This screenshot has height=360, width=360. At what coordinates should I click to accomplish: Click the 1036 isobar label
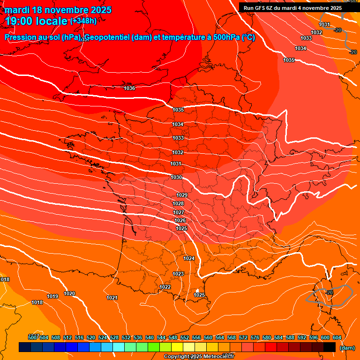click(x=129, y=88)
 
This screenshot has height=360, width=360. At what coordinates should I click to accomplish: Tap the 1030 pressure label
click(x=176, y=177)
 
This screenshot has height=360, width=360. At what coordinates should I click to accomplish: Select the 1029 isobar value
click(x=182, y=195)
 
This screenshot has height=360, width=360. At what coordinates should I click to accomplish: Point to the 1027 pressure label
click(x=179, y=212)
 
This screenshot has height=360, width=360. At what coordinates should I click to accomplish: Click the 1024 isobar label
click(x=189, y=258)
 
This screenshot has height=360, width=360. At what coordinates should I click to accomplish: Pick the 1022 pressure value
click(x=165, y=287)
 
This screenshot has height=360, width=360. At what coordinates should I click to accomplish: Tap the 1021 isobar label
click(x=112, y=298)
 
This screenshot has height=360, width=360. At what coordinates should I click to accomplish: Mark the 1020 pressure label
click(x=69, y=293)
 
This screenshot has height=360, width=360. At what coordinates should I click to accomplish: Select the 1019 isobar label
click(x=52, y=296)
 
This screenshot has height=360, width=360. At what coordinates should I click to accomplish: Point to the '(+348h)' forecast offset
click(x=83, y=21)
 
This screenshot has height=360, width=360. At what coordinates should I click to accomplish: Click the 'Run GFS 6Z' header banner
click(x=292, y=8)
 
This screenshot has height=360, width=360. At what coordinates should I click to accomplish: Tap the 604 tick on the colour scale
click(x=337, y=337)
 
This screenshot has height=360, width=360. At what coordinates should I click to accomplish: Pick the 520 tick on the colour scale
click(x=91, y=337)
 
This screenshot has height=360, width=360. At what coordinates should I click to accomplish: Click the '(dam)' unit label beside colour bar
click(x=347, y=348)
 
